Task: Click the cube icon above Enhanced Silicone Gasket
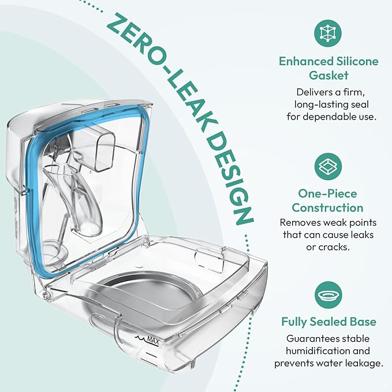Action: click(328, 33)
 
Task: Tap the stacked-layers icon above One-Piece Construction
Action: click(328, 166)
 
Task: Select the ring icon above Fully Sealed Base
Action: click(328, 295)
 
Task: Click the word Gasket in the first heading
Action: click(328, 76)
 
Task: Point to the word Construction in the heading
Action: click(327, 208)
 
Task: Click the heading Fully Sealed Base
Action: click(328, 322)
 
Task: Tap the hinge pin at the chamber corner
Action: click(46, 295)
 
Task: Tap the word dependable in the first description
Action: click(328, 117)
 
